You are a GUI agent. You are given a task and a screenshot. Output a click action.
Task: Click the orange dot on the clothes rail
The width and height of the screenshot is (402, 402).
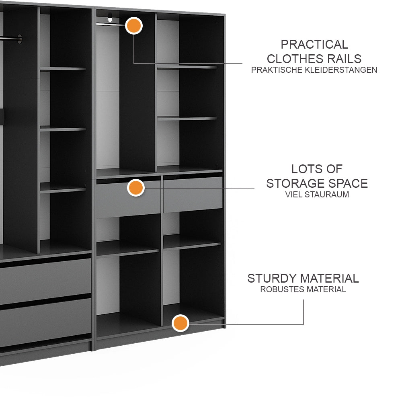134,26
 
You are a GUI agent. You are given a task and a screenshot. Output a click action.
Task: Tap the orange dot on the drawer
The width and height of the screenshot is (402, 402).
136,188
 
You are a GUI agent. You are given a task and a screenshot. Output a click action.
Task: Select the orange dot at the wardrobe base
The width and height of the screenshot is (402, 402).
180,323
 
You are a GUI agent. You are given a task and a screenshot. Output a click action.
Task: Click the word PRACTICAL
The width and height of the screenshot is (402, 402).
314,45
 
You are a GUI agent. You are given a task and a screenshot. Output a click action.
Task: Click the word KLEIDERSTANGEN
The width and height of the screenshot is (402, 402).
341,70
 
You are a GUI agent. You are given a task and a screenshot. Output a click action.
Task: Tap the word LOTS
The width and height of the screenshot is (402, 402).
303,169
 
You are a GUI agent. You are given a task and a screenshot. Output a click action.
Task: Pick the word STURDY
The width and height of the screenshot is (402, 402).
272,279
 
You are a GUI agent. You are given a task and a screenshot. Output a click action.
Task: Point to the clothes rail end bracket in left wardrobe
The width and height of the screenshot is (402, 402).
19,39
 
